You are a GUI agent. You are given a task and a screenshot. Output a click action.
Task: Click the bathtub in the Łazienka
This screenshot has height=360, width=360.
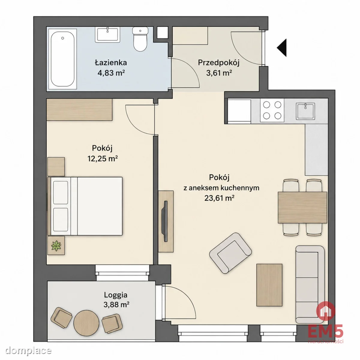pos(63,59)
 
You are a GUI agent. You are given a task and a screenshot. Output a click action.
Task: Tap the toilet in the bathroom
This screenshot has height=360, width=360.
pos(140,39)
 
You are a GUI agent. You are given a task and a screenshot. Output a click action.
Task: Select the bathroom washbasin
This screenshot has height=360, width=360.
pos(107,34)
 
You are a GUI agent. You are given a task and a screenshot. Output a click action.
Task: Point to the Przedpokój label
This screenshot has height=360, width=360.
pos(219,63)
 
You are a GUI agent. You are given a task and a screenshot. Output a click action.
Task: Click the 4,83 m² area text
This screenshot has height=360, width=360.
pos(111,73)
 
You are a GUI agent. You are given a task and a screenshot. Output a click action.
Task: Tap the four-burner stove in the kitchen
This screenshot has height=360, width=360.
pos(272,110)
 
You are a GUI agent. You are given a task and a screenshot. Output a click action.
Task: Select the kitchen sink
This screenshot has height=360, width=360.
pos(306,112)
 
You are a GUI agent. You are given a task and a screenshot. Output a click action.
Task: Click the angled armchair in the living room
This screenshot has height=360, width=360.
pos(230,253)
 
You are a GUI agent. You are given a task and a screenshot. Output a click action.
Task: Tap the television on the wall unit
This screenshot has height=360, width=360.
pos(165,221)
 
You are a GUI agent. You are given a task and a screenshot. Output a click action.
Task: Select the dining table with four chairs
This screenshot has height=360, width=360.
pos(302,207)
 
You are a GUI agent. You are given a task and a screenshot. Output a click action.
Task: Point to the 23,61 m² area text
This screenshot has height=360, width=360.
pos(219,198)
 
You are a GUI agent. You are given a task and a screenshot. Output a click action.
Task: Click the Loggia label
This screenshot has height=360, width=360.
pos(115,295)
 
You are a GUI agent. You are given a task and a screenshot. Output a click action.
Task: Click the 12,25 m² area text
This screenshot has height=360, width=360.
pos(103,159)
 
